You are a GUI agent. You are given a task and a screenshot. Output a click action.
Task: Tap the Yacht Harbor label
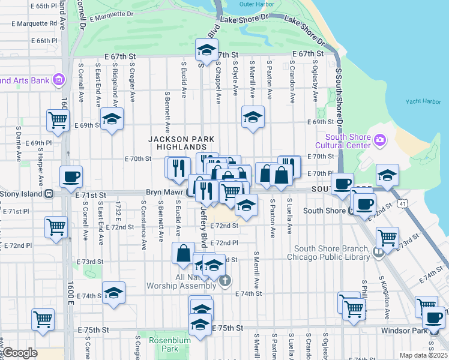point(423,102)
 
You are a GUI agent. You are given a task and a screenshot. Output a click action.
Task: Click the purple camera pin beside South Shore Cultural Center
point(379,140)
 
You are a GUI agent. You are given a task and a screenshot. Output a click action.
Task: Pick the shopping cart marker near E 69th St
point(58,119)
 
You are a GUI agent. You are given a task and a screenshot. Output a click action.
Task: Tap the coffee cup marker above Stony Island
point(71,176)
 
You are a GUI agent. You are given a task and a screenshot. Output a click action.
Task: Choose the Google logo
point(20,353)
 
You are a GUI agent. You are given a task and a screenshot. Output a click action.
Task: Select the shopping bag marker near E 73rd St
point(183,253)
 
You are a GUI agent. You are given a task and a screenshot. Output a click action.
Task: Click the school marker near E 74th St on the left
point(113,293)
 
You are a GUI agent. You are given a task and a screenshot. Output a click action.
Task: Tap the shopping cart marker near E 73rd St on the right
point(387,237)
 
